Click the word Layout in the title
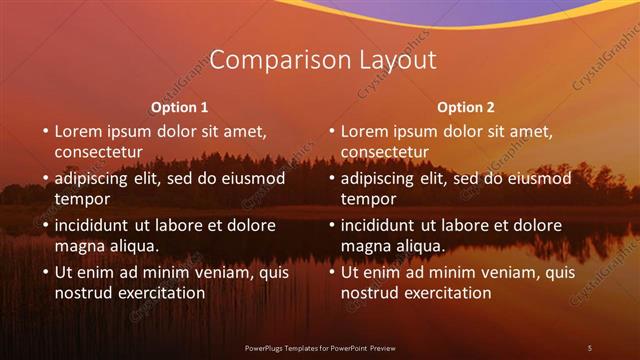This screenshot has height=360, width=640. [x=389, y=60]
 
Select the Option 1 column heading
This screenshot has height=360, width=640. [x=180, y=107]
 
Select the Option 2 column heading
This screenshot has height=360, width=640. [x=466, y=107]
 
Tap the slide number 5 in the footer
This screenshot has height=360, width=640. [x=589, y=347]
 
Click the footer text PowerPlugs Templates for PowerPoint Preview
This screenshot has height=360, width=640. [x=320, y=347]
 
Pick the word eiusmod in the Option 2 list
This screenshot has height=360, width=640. [x=537, y=179]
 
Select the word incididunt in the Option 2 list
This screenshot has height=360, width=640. [x=382, y=226]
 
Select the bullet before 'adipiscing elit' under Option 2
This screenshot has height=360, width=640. [x=329, y=179]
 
